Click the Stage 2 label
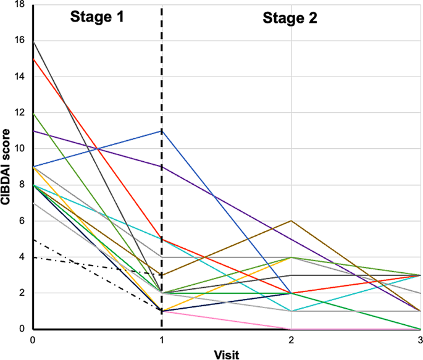point(290,18)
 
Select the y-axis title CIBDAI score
point(8,166)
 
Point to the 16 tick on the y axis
point(20,41)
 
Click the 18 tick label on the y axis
point(20,6)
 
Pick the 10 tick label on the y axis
point(20,149)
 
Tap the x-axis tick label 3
point(419,340)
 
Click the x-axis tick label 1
point(162,340)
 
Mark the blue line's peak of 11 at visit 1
point(162,131)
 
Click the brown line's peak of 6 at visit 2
point(291,220)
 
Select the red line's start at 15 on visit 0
point(33,59)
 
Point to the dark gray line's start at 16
point(33,41)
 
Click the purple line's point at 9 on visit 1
point(162,167)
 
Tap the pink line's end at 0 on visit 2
point(291,329)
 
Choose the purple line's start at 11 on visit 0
point(33,131)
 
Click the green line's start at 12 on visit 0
point(33,113)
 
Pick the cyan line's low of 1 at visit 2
point(291,311)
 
